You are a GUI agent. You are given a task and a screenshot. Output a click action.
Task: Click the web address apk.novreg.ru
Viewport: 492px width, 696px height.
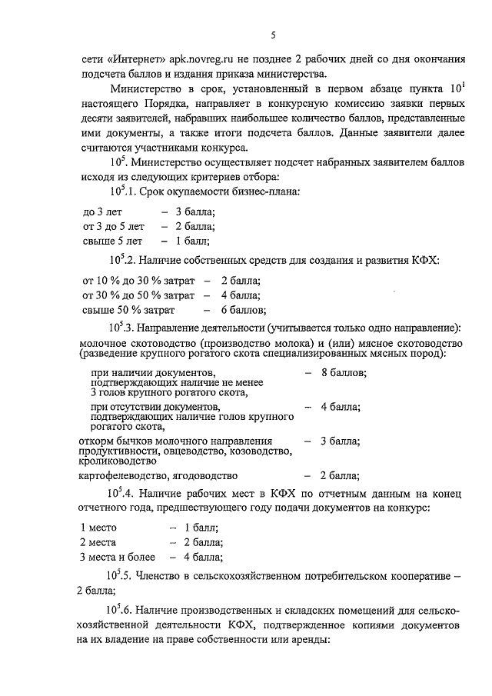point(184,60)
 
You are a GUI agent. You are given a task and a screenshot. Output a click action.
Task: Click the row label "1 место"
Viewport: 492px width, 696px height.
point(98,528)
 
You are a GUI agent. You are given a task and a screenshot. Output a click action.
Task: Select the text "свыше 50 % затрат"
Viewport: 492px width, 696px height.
point(128,310)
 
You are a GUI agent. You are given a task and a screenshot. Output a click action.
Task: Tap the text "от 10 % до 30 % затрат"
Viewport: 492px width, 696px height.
point(137,281)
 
